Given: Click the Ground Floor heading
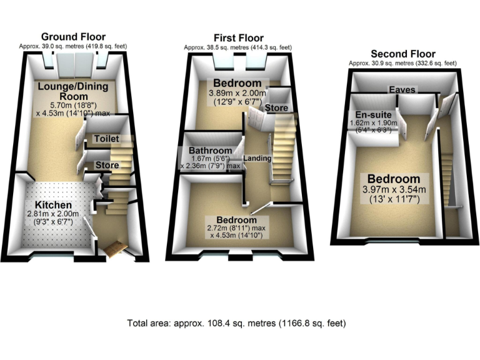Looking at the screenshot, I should coord(73,36).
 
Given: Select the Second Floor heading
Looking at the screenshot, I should coord(402,54).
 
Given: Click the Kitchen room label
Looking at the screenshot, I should coord(52,204).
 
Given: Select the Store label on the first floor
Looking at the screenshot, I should coord(277,108).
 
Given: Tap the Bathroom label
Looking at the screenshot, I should coord(209,151).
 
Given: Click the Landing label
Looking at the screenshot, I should coord(257,158).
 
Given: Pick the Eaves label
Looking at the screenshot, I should coord(402,90).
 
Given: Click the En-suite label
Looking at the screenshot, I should coord(373,115).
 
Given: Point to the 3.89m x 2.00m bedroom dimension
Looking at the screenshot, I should coord(237,94).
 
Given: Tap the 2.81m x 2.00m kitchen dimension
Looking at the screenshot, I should coord(52,214).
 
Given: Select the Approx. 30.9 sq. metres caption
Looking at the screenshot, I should coord(402,63).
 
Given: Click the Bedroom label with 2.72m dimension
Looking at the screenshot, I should coord(236,221).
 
